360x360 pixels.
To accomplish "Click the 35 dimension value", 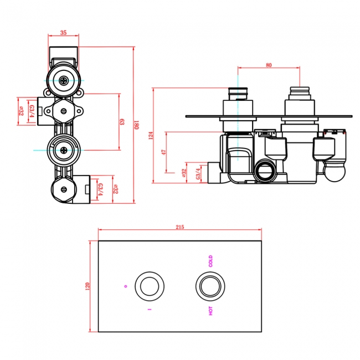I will point(64,33).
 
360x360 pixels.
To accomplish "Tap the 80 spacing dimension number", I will point(269,65).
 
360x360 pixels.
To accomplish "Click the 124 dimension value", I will point(151,135).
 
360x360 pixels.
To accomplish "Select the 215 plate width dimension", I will point(179,227).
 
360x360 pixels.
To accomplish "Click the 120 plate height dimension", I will point(87,286).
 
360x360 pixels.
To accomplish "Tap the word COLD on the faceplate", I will point(210,261).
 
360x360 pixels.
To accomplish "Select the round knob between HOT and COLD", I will point(210,286).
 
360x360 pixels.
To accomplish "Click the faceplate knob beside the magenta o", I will point(149,286).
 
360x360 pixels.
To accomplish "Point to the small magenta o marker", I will point(126,286).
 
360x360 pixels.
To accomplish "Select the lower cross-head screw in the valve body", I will point(65,150).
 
